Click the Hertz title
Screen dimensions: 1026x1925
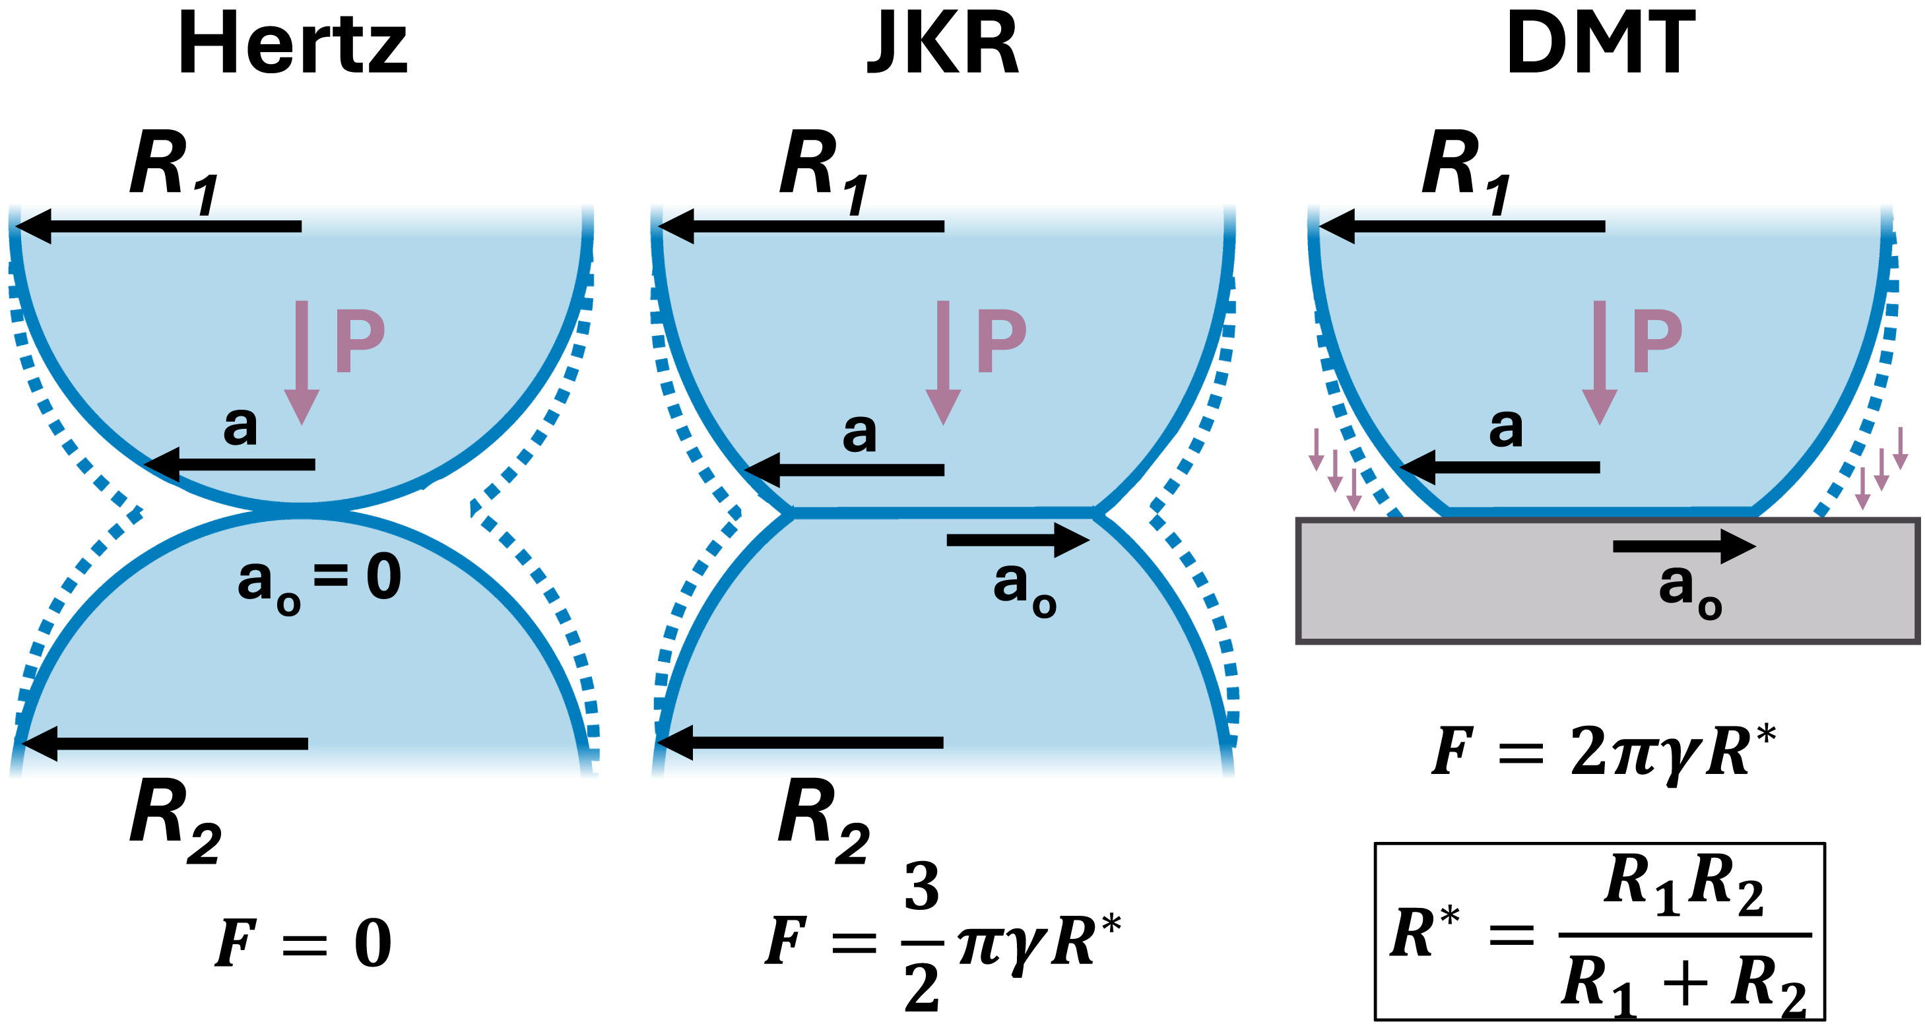[x=292, y=45]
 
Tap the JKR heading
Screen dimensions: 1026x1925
[x=943, y=45]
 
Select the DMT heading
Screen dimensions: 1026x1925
[x=1601, y=45]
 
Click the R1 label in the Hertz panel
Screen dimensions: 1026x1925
[x=174, y=170]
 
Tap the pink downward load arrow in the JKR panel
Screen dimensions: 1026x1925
[x=943, y=362]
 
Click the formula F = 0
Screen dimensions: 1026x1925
[x=303, y=943]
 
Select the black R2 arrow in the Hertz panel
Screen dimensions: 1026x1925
[x=164, y=744]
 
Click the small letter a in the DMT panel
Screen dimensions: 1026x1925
[x=1505, y=428]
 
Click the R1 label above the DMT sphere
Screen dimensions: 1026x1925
[x=1464, y=170]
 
